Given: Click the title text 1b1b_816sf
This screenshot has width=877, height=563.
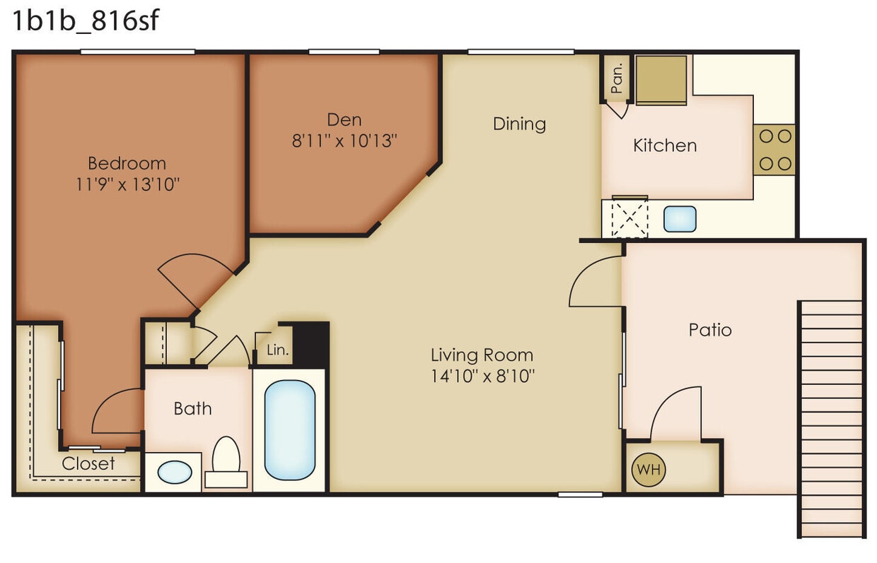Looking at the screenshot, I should coord(84,21).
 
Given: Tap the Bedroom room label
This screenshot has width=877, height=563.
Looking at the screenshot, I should coord(127,163).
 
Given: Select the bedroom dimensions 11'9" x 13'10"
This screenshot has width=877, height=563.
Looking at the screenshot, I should coord(127,185).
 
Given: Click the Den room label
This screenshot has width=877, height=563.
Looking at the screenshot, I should coord(344,119).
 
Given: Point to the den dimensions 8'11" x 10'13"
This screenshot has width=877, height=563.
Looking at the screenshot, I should coord(344,141).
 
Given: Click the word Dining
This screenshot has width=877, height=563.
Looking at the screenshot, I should coord(519,124).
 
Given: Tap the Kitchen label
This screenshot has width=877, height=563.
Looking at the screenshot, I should coord(664,146).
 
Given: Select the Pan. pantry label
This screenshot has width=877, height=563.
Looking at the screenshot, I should coord(617,78).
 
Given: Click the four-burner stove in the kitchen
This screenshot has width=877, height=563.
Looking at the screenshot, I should coord(774,150).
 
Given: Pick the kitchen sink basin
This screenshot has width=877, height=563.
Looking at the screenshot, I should coord(680,219).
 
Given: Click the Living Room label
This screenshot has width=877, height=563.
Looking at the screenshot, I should coord(482,355).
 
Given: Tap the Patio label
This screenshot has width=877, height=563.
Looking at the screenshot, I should coord(709,330).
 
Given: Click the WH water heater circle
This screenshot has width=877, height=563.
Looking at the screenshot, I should coord(649,469).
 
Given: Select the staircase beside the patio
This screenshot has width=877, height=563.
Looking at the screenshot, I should coord(832,417).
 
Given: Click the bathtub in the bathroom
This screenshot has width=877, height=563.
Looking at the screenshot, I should coord(289,429).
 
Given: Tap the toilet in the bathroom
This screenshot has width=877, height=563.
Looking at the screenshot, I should coord(226,458).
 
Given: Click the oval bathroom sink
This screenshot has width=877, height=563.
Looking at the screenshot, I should coord(174,472).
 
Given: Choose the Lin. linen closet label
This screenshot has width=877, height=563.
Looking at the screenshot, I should coord(276,350).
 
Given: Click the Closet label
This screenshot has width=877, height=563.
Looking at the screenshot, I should coord(88,464).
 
